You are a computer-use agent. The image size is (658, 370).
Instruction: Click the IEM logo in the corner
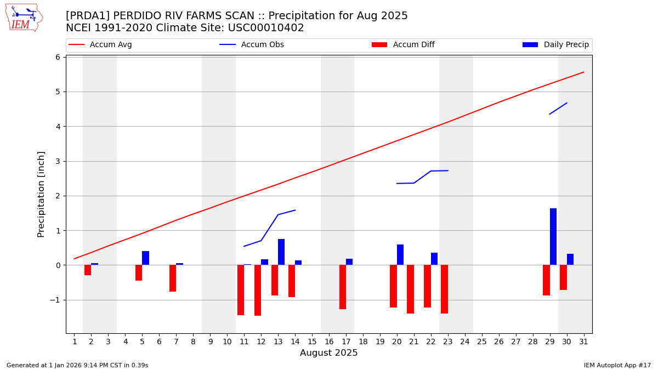click(x=24, y=18)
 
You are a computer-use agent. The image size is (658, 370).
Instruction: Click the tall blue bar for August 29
click(x=553, y=237)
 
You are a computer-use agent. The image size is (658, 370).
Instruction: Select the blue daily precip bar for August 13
click(x=281, y=252)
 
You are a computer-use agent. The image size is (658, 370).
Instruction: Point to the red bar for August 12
click(x=258, y=290)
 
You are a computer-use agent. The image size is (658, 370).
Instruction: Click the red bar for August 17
click(x=343, y=287)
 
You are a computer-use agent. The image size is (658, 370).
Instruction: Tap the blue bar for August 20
click(x=400, y=255)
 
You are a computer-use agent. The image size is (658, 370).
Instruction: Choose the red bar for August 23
click(x=445, y=289)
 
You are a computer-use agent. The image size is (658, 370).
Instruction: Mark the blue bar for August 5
click(x=145, y=258)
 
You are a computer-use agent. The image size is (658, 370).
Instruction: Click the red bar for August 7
click(x=173, y=278)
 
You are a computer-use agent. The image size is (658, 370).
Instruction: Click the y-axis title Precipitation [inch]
click(x=42, y=194)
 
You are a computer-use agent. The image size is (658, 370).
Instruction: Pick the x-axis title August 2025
click(x=328, y=353)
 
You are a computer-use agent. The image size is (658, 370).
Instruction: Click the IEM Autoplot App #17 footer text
click(x=617, y=365)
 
